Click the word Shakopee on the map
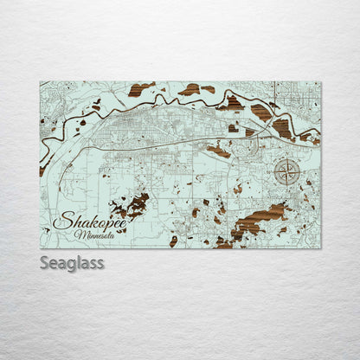pyautogui.click(x=90, y=222)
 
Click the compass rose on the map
pyautogui.click(x=287, y=173)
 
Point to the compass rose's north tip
pyautogui.click(x=287, y=159)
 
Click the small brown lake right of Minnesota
pyautogui.click(x=173, y=241)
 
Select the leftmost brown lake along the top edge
pyautogui.click(x=142, y=88)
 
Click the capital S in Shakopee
pyautogui.click(x=60, y=222)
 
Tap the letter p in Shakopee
pyautogui.click(x=105, y=224)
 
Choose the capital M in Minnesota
pyautogui.click(x=79, y=235)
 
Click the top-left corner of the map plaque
pyautogui.click(x=41, y=82)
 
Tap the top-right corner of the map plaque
pyautogui.click(x=320, y=82)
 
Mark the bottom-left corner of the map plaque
pyautogui.click(x=41, y=248)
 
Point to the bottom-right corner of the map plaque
pyautogui.click(x=320, y=248)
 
